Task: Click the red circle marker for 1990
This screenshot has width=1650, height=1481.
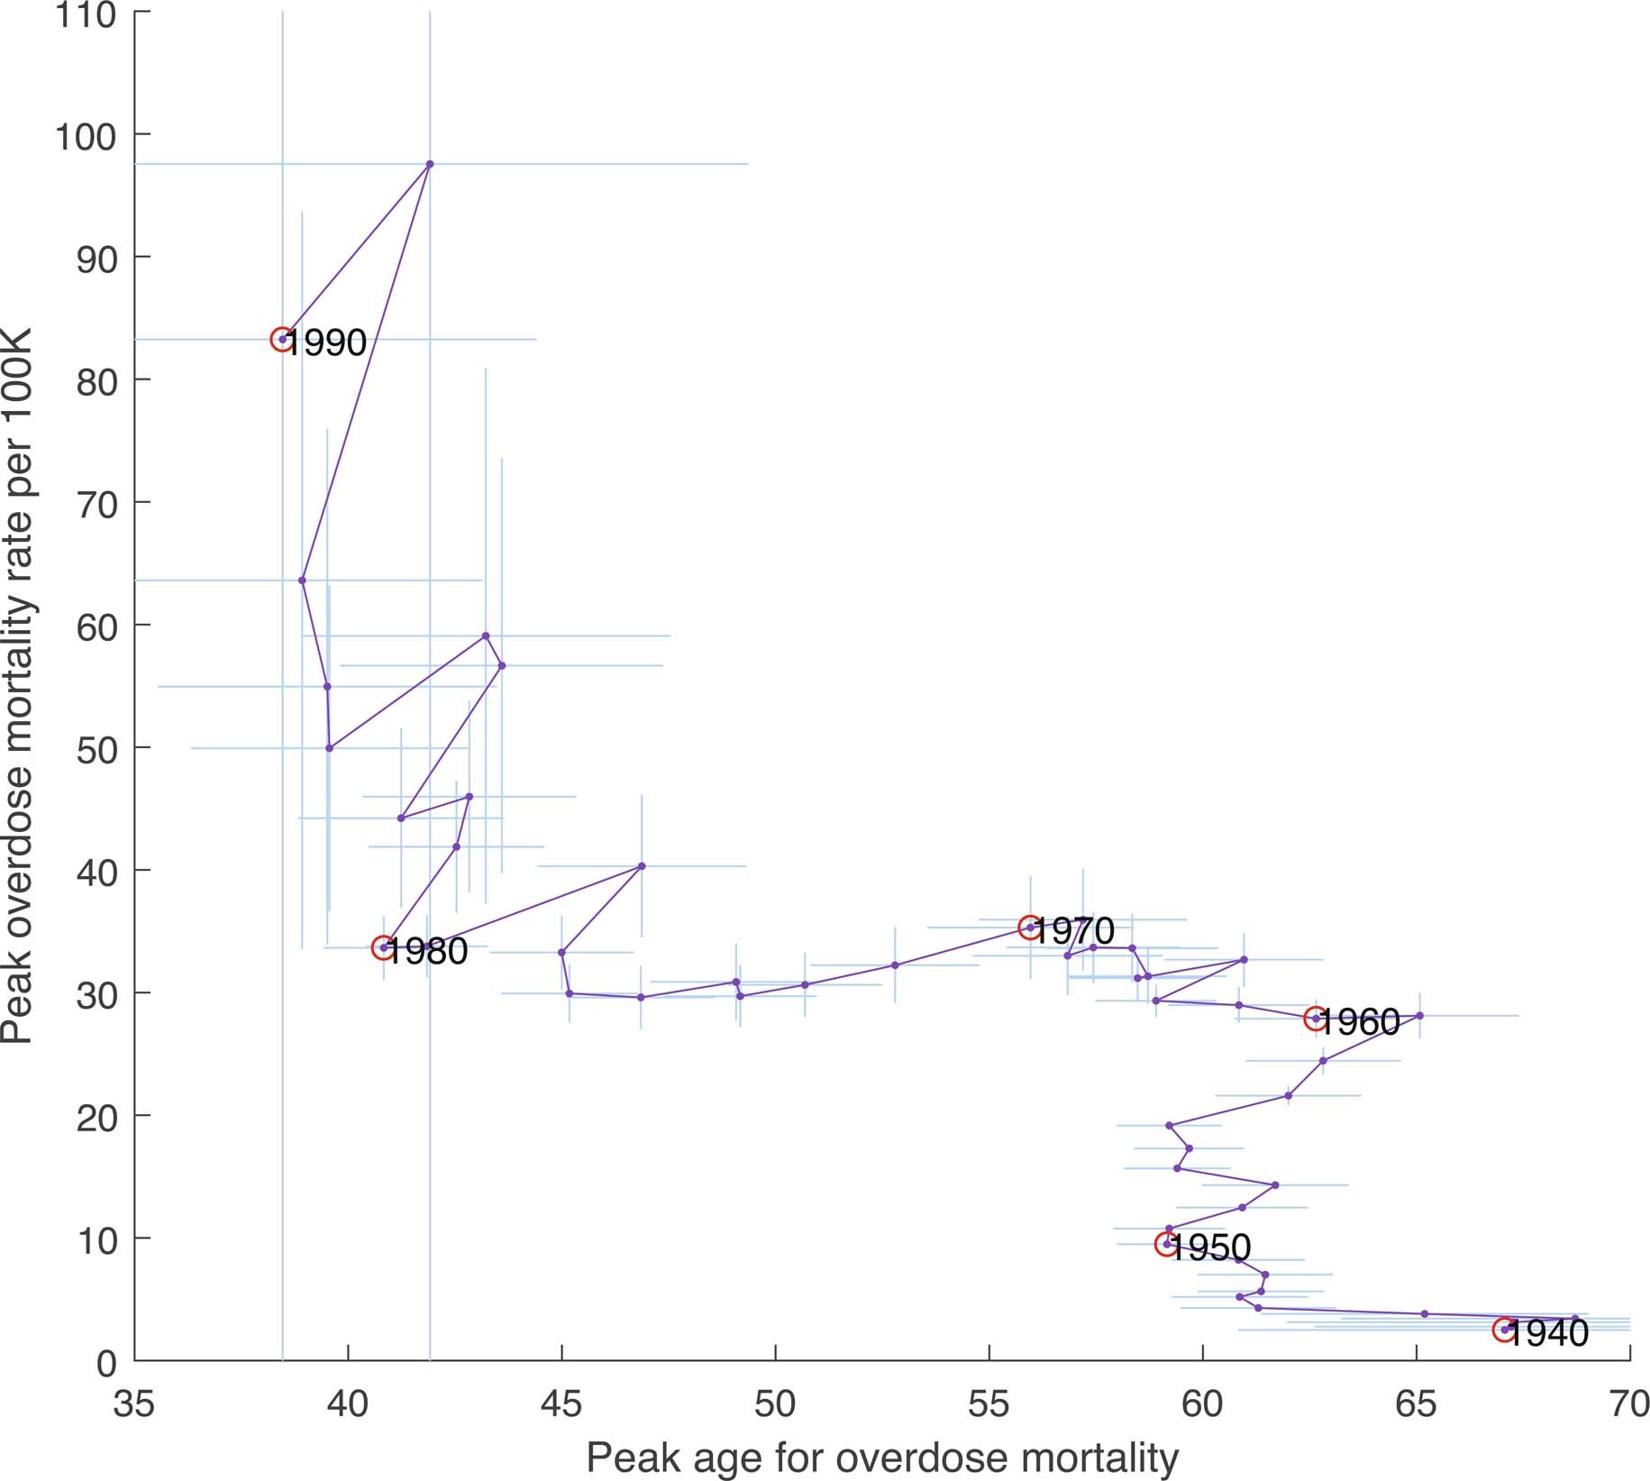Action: [x=282, y=339]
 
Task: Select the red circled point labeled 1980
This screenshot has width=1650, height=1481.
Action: [x=384, y=947]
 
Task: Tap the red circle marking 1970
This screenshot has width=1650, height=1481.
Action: [x=1030, y=927]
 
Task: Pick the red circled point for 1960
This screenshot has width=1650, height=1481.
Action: [x=1315, y=1018]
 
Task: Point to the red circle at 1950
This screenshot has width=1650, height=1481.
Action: [x=1166, y=1244]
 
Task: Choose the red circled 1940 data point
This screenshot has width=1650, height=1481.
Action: [x=1503, y=1330]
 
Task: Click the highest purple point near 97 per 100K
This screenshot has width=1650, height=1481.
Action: [x=430, y=164]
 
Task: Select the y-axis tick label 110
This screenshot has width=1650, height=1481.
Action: [x=86, y=14]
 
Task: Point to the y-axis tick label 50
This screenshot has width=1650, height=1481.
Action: [x=96, y=749]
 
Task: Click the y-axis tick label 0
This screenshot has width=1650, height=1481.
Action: [x=106, y=1363]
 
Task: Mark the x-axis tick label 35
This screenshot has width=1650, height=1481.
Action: [x=134, y=1404]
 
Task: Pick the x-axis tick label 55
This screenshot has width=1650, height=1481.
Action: [x=989, y=1404]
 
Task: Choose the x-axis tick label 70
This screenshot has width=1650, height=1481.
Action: [x=1629, y=1404]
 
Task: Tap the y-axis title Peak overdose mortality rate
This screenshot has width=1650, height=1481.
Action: [x=18, y=685]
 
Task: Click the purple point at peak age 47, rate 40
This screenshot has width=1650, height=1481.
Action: [x=642, y=866]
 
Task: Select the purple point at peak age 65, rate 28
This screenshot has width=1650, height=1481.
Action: [x=1419, y=1016]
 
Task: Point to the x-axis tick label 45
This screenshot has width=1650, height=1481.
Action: [x=562, y=1404]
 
